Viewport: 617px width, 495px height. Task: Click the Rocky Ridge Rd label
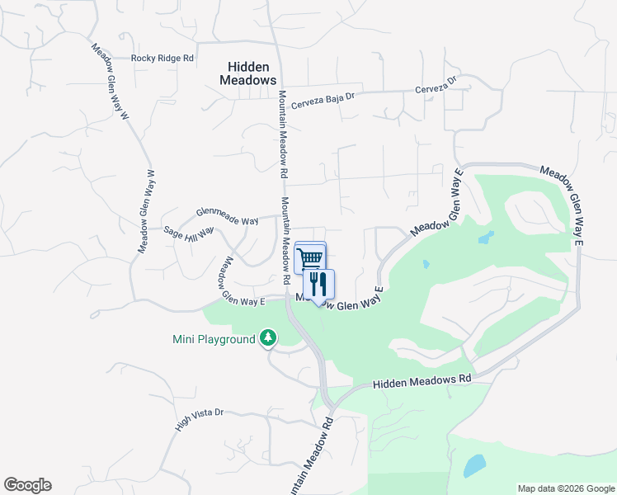[x=162, y=59]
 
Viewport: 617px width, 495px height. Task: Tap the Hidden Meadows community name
[x=247, y=73]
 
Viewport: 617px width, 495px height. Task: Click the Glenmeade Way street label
[x=227, y=211]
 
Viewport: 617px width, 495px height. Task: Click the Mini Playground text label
[x=214, y=339]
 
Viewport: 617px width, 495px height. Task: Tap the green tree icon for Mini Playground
[x=268, y=337]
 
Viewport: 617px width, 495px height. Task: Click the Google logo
[x=27, y=485]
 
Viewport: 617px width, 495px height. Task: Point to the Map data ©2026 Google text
[x=566, y=488]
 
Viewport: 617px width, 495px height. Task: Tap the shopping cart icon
[x=310, y=258]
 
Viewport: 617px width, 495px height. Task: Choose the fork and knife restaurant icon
[x=319, y=285]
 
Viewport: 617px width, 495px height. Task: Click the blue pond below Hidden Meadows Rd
[x=475, y=466]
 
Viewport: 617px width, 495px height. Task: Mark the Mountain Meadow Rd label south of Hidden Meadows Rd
[x=310, y=455]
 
